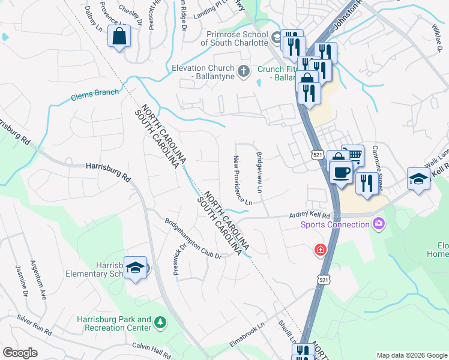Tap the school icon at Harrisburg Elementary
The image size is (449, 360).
tap(135, 267)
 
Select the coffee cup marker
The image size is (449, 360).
tap(341, 172)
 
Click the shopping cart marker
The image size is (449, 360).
tap(353, 156)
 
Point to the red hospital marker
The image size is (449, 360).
tap(321, 249)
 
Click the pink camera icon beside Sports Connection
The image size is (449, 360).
tap(378, 224)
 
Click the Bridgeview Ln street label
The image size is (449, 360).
tap(260, 172)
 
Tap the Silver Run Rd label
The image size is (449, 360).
tap(35, 324)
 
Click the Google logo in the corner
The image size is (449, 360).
tap(20, 353)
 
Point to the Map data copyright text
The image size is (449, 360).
tap(412, 355)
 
